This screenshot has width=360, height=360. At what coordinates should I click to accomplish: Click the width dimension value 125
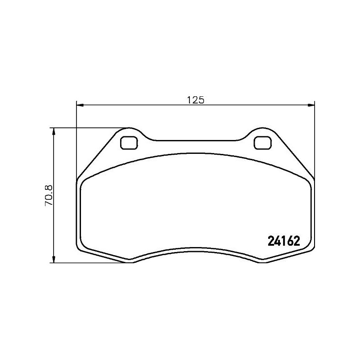196,100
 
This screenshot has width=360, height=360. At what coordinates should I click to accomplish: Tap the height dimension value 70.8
49,195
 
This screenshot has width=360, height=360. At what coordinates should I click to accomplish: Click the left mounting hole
129,143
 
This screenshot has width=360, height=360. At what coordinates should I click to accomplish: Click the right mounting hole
262,143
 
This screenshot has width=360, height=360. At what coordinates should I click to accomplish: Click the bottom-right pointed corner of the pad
262,261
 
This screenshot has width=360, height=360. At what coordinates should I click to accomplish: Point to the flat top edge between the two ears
196,141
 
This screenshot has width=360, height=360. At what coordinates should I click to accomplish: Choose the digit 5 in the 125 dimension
202,100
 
